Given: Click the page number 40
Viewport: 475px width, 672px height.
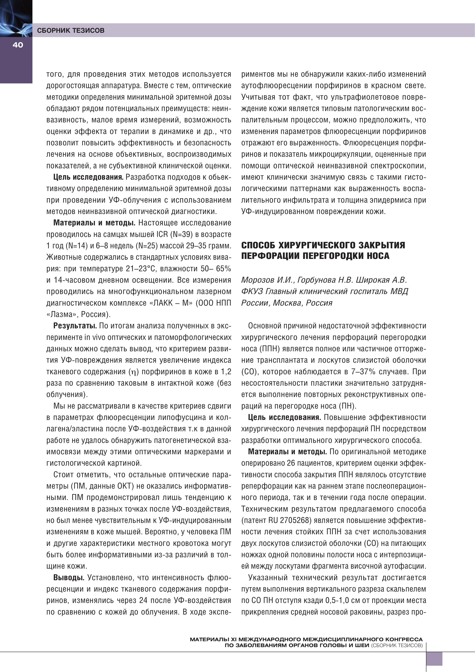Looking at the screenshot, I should click(18, 45).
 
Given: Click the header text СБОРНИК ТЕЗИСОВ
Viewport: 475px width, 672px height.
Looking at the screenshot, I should click(71, 30).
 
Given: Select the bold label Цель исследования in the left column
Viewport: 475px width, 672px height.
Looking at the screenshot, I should click(88, 177).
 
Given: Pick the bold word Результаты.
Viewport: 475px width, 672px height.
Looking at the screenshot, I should click(75, 326).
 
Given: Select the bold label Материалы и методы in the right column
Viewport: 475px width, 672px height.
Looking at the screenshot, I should click(287, 452).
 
